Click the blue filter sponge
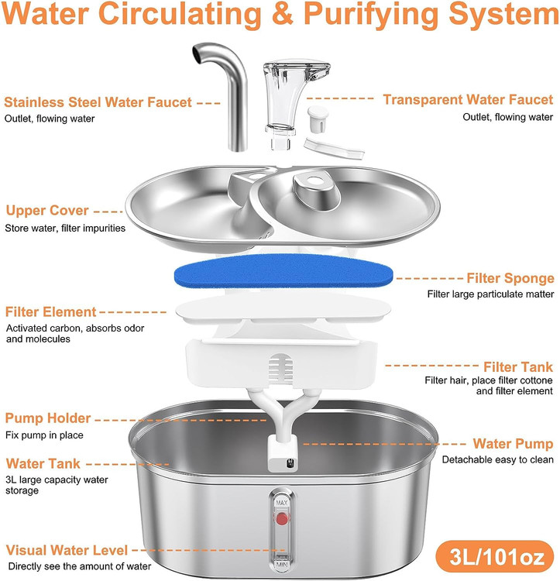[283, 271]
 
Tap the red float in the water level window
[282, 518]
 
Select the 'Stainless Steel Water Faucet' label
[98, 102]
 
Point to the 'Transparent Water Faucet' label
[468, 100]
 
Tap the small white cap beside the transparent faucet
[318, 119]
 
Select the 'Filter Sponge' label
[510, 278]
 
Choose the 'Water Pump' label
[513, 444]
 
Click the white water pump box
[282, 454]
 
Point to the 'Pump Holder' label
[48, 418]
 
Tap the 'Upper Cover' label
[47, 211]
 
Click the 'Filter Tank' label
[517, 367]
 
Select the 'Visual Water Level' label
[67, 550]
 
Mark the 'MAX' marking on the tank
[282, 503]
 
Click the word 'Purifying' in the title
[371, 15]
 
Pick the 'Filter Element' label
[51, 312]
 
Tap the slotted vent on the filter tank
[280, 368]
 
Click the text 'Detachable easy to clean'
[498, 460]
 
